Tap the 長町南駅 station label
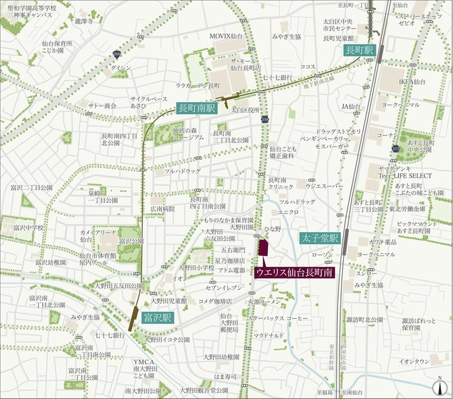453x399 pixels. point(196,109)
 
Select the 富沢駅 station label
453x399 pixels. point(158,318)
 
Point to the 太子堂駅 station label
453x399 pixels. point(320,238)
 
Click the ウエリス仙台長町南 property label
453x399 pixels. point(294,272)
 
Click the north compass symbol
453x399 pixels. point(439,386)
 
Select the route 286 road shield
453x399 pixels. point(117,54)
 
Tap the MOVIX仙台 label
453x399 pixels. point(226,36)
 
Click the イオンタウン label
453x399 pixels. point(414,362)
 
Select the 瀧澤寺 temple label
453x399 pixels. point(84,22)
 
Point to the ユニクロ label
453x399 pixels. point(288,211)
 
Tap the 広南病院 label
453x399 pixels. point(162,209)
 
